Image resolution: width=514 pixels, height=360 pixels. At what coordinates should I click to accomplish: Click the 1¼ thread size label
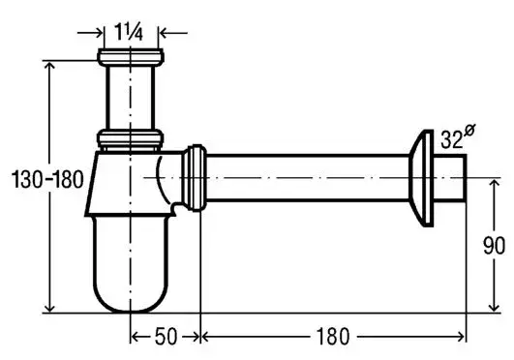point(129,32)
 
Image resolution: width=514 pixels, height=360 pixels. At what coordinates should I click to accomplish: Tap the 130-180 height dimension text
point(47,180)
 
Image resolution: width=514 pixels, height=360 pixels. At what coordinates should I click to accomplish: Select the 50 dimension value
point(166,337)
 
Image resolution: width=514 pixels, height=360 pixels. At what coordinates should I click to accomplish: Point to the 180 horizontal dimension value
point(333,337)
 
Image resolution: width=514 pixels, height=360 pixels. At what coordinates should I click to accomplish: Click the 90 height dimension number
point(494,246)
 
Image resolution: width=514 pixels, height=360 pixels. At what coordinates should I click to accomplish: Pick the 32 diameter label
point(452,139)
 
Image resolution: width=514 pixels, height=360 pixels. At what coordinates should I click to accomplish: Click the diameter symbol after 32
point(469,132)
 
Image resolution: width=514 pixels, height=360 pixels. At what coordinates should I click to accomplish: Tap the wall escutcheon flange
point(422,178)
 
